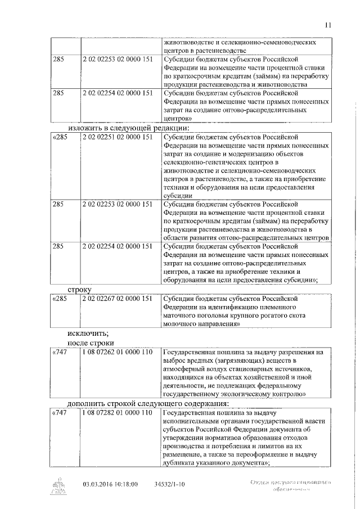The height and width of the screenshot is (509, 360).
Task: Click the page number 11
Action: [x=328, y=24]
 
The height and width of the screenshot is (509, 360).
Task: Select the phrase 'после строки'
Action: [x=90, y=343]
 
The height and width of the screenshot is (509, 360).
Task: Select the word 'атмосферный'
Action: [x=187, y=370]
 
